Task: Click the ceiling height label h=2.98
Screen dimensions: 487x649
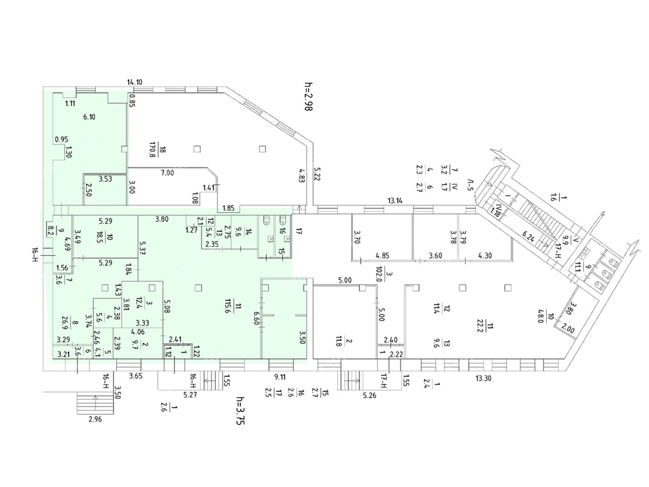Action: click(x=309, y=97)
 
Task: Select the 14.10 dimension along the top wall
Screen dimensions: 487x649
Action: click(x=134, y=82)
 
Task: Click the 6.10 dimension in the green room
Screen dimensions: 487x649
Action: click(x=89, y=117)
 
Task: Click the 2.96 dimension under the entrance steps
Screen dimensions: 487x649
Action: click(x=96, y=419)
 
